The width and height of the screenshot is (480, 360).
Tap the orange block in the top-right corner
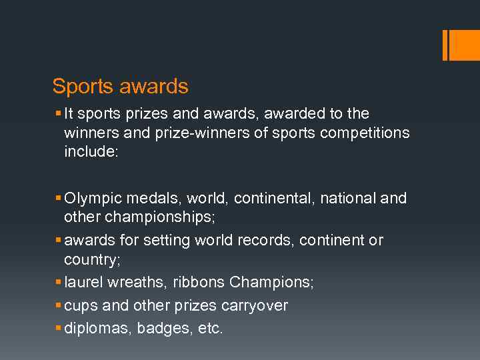[x=464, y=45]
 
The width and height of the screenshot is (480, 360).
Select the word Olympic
[x=90, y=199]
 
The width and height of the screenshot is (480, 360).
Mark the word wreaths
[x=137, y=282]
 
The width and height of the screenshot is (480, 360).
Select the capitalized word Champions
[x=271, y=282]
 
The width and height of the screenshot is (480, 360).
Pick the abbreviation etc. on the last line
[x=211, y=329]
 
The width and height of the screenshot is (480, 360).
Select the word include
[x=90, y=151]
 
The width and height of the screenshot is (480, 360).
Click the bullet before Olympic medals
[x=59, y=199]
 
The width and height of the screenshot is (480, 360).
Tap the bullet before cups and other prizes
[x=59, y=305]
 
